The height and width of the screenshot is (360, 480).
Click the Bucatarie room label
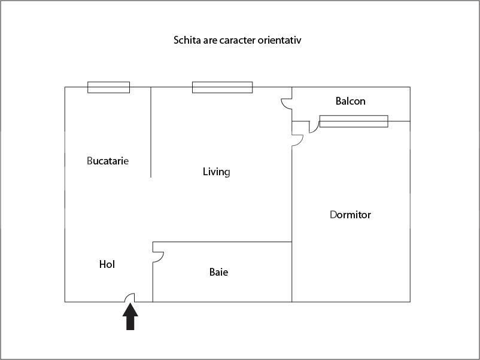coord(108,161)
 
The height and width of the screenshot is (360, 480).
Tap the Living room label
coord(217,172)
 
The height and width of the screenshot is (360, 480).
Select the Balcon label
coord(351,101)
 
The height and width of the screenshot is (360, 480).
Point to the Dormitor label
coord(350,215)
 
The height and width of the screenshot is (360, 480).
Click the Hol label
coord(107,264)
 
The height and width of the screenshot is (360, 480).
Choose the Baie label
coord(218,272)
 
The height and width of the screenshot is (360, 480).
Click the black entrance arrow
coord(130,316)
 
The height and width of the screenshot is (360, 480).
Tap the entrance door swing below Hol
coord(129,298)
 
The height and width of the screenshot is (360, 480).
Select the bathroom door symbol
coord(158,257)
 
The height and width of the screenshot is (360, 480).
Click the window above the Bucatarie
coord(109,87)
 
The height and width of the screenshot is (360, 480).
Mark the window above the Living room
coord(222,87)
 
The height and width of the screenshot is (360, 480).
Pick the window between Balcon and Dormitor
coord(354,121)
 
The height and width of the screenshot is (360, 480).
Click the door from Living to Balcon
coord(287,103)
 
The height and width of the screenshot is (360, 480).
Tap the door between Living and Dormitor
coord(297,140)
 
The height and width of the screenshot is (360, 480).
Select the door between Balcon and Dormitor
coord(314,127)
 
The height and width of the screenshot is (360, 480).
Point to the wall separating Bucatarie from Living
coord(151,132)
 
